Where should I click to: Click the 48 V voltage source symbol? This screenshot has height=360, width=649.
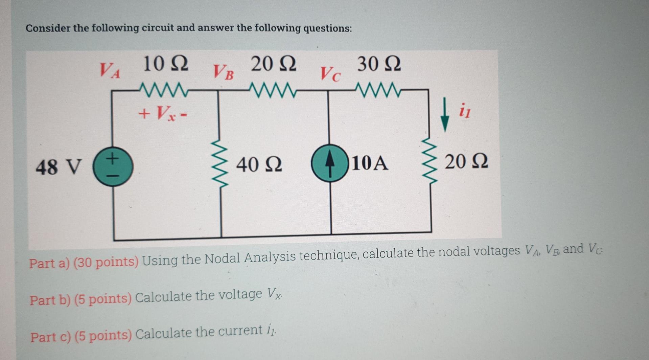(113, 167)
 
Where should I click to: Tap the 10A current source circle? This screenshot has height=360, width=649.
(330, 163)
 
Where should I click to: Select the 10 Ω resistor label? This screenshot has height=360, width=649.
(165, 64)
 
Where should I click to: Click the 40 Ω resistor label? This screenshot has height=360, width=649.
(259, 165)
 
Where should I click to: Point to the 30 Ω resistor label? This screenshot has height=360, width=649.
(379, 64)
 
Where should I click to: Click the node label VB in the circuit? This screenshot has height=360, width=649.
(223, 72)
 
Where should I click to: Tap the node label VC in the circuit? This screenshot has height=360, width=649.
(330, 74)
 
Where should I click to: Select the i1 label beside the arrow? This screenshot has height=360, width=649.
(465, 111)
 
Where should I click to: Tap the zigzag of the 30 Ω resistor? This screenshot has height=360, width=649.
(378, 90)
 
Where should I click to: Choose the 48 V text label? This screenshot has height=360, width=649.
(59, 167)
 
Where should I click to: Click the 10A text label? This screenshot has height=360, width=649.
(370, 163)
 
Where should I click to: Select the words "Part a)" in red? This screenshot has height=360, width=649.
(49, 263)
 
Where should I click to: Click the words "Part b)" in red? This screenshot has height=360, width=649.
(50, 300)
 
